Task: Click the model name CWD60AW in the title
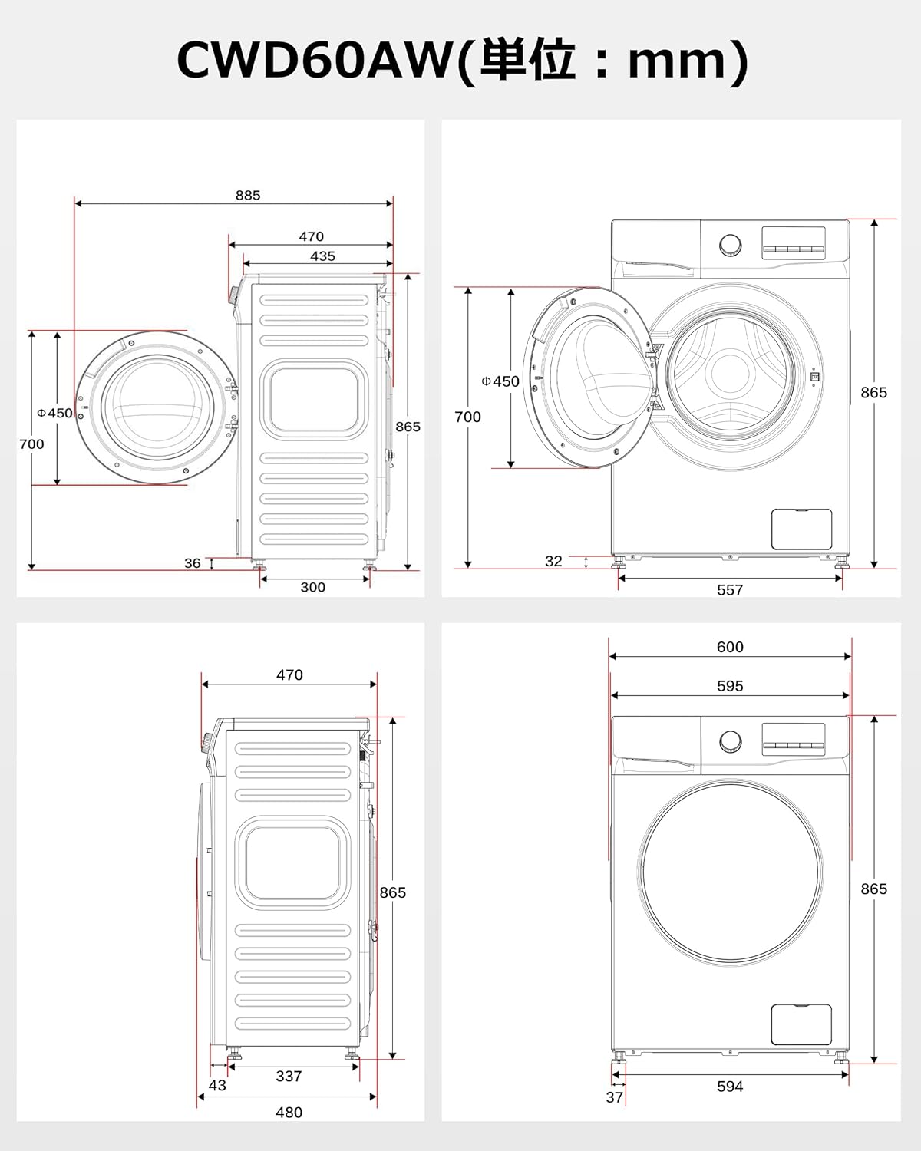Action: pyautogui.click(x=315, y=61)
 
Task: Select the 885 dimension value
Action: pyautogui.click(x=248, y=196)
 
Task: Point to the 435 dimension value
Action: pyautogui.click(x=322, y=256)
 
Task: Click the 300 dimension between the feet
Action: pyautogui.click(x=312, y=587)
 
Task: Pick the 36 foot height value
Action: pyautogui.click(x=193, y=563)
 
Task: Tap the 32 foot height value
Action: pyautogui.click(x=553, y=562)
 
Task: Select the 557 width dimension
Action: pyautogui.click(x=730, y=589)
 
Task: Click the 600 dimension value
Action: pyautogui.click(x=730, y=647)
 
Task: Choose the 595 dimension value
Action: pyautogui.click(x=730, y=686)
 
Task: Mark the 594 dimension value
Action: pyautogui.click(x=730, y=1087)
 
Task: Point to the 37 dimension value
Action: pyautogui.click(x=614, y=1097)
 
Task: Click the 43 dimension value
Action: pyautogui.click(x=217, y=1085)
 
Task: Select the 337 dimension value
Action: pyautogui.click(x=289, y=1077)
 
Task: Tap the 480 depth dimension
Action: pyautogui.click(x=289, y=1112)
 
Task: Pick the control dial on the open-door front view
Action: pyautogui.click(x=731, y=246)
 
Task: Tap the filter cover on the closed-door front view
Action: pyautogui.click(x=801, y=1024)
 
